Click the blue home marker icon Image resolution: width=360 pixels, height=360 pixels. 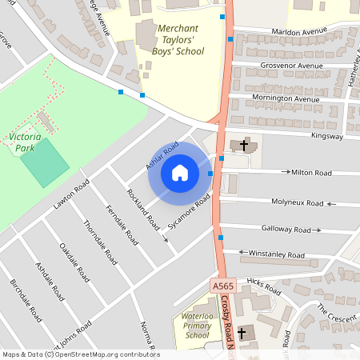179,172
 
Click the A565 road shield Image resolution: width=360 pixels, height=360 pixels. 224,286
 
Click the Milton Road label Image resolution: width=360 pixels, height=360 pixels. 311,172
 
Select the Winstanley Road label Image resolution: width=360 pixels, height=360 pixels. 277,255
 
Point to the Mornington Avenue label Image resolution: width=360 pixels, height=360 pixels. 280,99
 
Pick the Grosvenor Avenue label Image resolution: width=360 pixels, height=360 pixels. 289,65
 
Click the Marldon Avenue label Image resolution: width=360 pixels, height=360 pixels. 299,32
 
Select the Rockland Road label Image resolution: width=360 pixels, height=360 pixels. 138,209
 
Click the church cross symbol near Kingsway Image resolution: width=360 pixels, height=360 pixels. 243,145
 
